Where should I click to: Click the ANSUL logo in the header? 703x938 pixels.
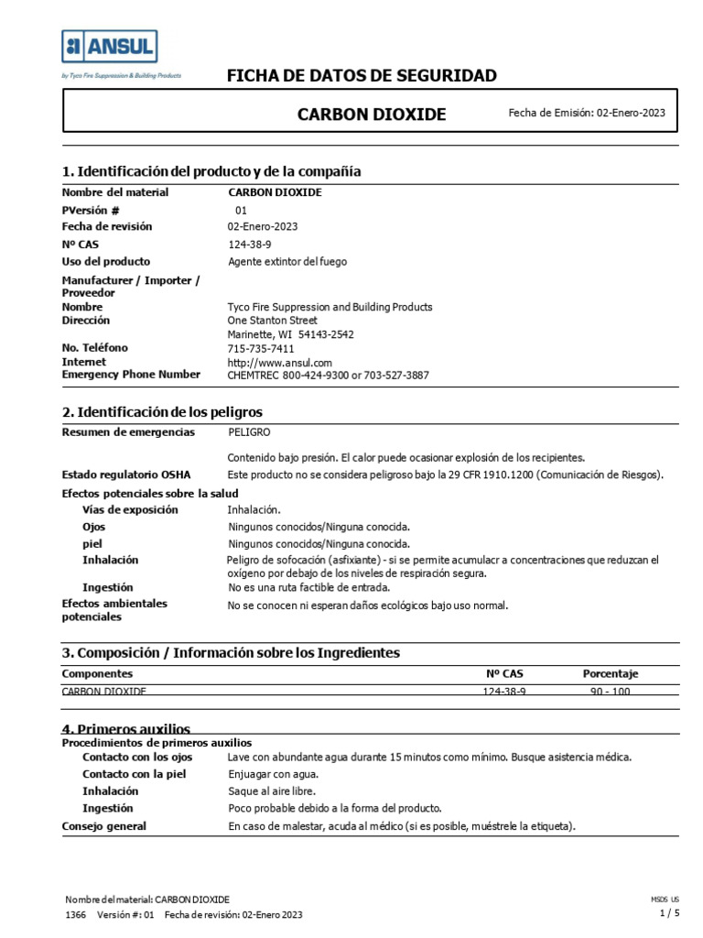[x=110, y=47]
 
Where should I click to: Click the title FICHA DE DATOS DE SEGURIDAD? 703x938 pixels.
[x=362, y=76]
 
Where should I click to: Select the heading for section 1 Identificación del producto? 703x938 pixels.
[x=211, y=171]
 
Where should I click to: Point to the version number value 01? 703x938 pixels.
[x=242, y=210]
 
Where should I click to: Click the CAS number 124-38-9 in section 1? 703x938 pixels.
[x=249, y=245]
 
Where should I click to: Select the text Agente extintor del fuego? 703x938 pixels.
[x=287, y=262]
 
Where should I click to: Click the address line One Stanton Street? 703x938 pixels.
[x=272, y=321]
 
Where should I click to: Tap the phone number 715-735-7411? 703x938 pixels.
[x=261, y=348]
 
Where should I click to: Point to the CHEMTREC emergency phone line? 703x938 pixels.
[x=328, y=375]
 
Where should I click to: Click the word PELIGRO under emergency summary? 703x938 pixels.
[x=249, y=431]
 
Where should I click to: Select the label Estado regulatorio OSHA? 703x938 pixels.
[x=126, y=474]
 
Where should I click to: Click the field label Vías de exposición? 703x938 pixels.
[x=130, y=509]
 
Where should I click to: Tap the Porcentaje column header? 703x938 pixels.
[x=611, y=673]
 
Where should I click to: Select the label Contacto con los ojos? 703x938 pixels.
[x=137, y=758]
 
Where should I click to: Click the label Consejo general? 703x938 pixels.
[x=103, y=826]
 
